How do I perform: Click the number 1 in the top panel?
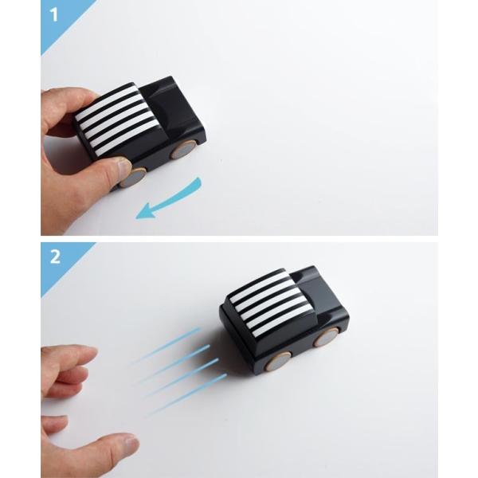tap(54, 14)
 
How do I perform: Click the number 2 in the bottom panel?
tap(55, 257)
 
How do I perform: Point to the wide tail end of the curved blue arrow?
tap(198, 182)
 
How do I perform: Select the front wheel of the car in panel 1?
tap(182, 150)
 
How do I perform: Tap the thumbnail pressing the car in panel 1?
tap(123, 166)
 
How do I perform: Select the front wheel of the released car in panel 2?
tap(327, 339)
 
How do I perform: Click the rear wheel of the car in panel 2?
tap(278, 361)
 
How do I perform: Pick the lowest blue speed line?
tap(186, 394)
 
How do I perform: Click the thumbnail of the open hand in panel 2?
tap(129, 442)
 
